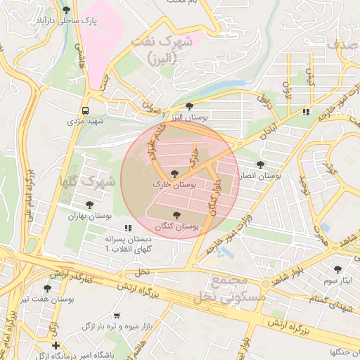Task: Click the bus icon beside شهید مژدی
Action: point(85,110)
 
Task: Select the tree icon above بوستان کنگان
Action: point(176,215)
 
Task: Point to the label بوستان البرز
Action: point(188,118)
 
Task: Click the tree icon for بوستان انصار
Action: point(261,165)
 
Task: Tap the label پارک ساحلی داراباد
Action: point(65,22)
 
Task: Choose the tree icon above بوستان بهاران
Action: point(90,205)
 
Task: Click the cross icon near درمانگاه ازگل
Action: point(56,345)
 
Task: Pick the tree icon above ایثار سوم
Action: point(337,269)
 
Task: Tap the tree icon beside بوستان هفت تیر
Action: point(47,288)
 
